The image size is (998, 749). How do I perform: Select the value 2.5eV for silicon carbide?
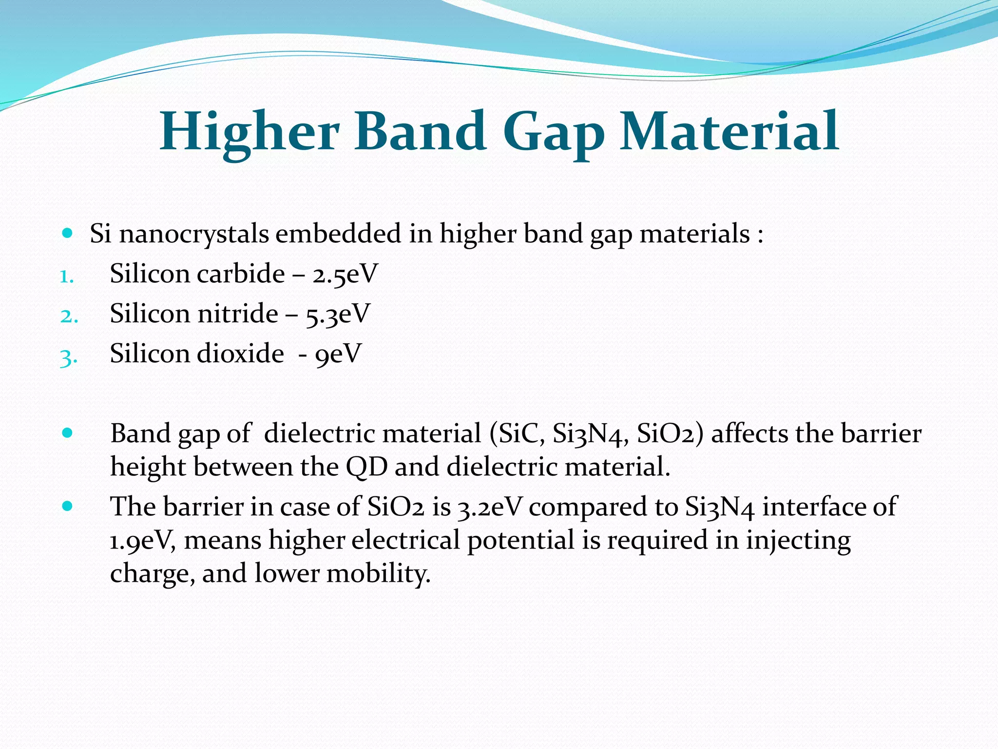tap(345, 274)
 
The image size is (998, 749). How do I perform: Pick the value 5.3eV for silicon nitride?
tap(338, 314)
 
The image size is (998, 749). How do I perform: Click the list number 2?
tap(69, 316)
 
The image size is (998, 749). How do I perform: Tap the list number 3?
tap(68, 357)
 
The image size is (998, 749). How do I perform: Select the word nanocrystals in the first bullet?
tap(194, 234)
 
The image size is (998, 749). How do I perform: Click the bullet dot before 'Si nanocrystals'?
tap(68, 233)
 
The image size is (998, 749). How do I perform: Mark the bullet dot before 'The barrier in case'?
tap(68, 506)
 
